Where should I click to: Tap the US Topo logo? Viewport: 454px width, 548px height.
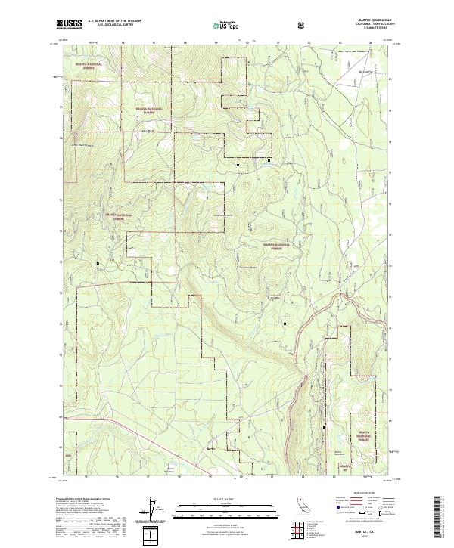(224, 25)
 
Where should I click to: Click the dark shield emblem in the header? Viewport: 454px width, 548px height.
(303, 25)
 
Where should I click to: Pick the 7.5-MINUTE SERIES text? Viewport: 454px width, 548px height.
(367, 30)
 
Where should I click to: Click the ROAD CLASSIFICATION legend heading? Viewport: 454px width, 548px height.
(356, 493)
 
